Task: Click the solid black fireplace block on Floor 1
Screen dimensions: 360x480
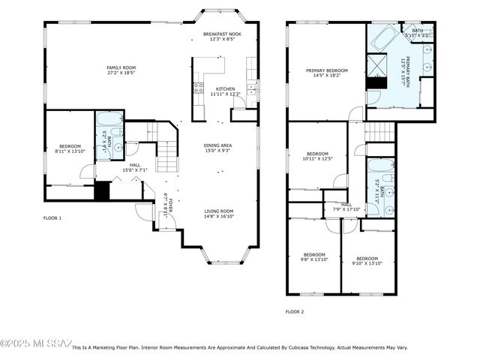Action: (102, 190)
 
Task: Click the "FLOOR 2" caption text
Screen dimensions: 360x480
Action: (295, 311)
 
